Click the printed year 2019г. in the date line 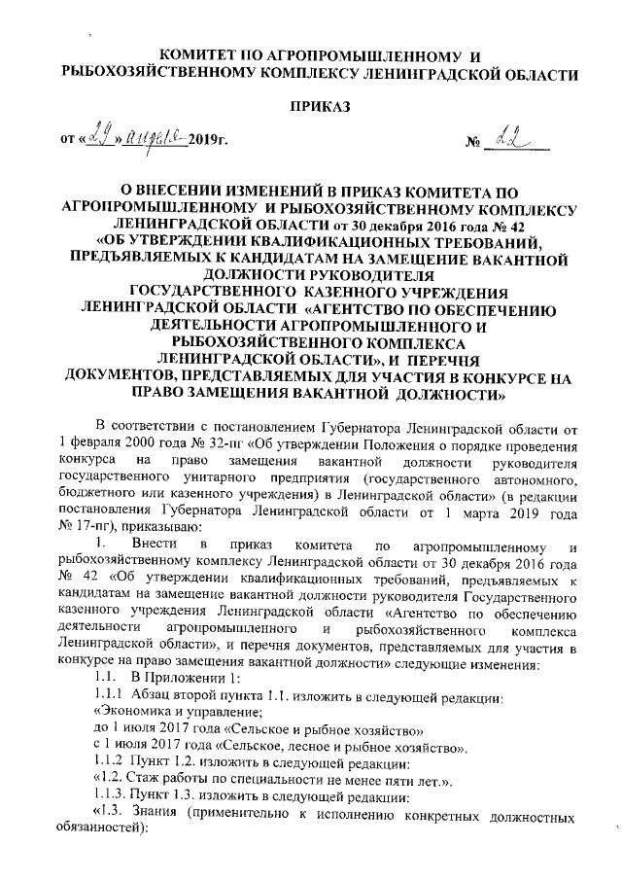tap(204, 147)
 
